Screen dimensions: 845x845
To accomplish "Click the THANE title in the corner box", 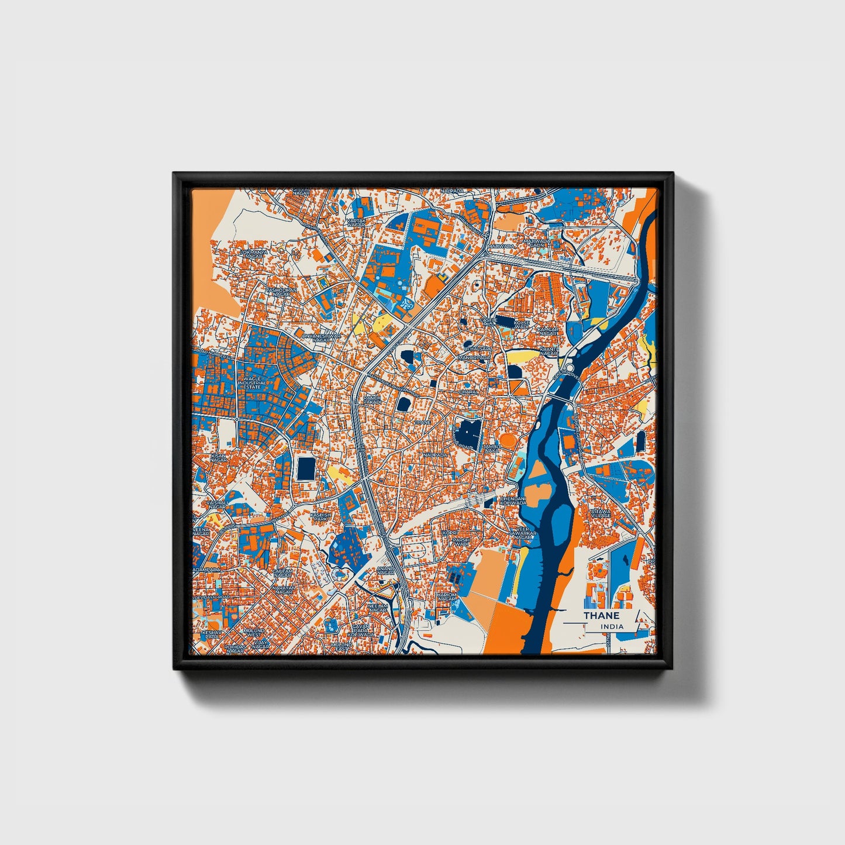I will (601, 616).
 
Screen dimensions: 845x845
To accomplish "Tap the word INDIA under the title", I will (612, 627).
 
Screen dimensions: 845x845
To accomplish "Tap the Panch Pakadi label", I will (373, 400).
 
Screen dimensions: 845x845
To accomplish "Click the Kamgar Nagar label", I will (549, 332).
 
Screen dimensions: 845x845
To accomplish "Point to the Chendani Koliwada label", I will (513, 501).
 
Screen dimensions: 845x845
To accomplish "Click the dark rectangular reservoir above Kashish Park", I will (305, 468).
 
